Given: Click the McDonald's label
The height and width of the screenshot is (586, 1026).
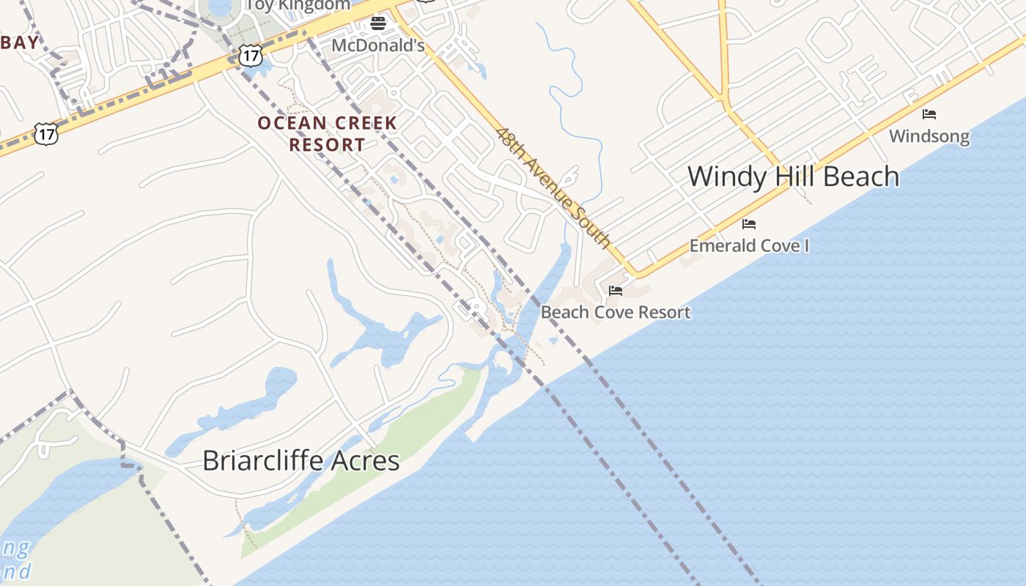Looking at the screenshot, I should pyautogui.click(x=377, y=45).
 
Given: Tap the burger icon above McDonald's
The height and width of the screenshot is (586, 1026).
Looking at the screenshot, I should pyautogui.click(x=378, y=23).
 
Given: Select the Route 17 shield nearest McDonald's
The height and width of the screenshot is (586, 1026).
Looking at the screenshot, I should pyautogui.click(x=251, y=55).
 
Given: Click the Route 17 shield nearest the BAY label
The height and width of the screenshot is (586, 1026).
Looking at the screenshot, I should pyautogui.click(x=46, y=134).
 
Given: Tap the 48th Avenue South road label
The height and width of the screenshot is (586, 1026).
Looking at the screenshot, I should pyautogui.click(x=553, y=188).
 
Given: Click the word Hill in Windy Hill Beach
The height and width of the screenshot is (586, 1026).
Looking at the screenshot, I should pyautogui.click(x=794, y=177).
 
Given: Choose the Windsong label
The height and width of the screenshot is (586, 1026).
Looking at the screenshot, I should pyautogui.click(x=929, y=136).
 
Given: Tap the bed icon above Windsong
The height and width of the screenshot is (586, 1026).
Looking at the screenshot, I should pyautogui.click(x=929, y=114).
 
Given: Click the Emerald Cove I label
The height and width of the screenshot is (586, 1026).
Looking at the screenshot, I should pyautogui.click(x=749, y=245).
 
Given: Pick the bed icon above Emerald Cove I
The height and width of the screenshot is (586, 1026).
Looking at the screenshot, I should pyautogui.click(x=748, y=223).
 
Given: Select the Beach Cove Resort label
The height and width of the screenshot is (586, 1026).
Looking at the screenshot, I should pyautogui.click(x=615, y=312).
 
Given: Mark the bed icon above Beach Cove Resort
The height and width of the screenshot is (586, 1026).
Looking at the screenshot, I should pyautogui.click(x=616, y=291).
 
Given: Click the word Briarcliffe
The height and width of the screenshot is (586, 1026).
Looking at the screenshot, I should pyautogui.click(x=263, y=461).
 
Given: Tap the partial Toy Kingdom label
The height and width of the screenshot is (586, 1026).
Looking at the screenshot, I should pyautogui.click(x=298, y=5).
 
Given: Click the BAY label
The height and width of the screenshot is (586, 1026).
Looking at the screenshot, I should pyautogui.click(x=20, y=42).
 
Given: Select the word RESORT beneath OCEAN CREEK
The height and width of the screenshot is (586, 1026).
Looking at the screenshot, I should pyautogui.click(x=327, y=144).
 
